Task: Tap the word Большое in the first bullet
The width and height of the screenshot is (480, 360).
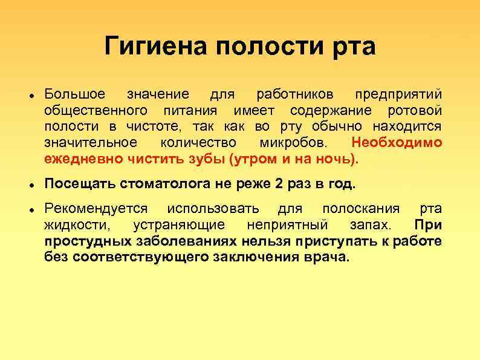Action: click(x=75, y=94)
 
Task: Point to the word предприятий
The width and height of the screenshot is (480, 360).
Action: click(x=398, y=94)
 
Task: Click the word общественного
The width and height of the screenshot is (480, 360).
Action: click(x=96, y=111)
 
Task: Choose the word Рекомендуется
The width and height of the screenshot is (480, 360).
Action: click(x=96, y=208)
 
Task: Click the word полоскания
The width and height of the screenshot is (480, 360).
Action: click(x=361, y=208)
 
